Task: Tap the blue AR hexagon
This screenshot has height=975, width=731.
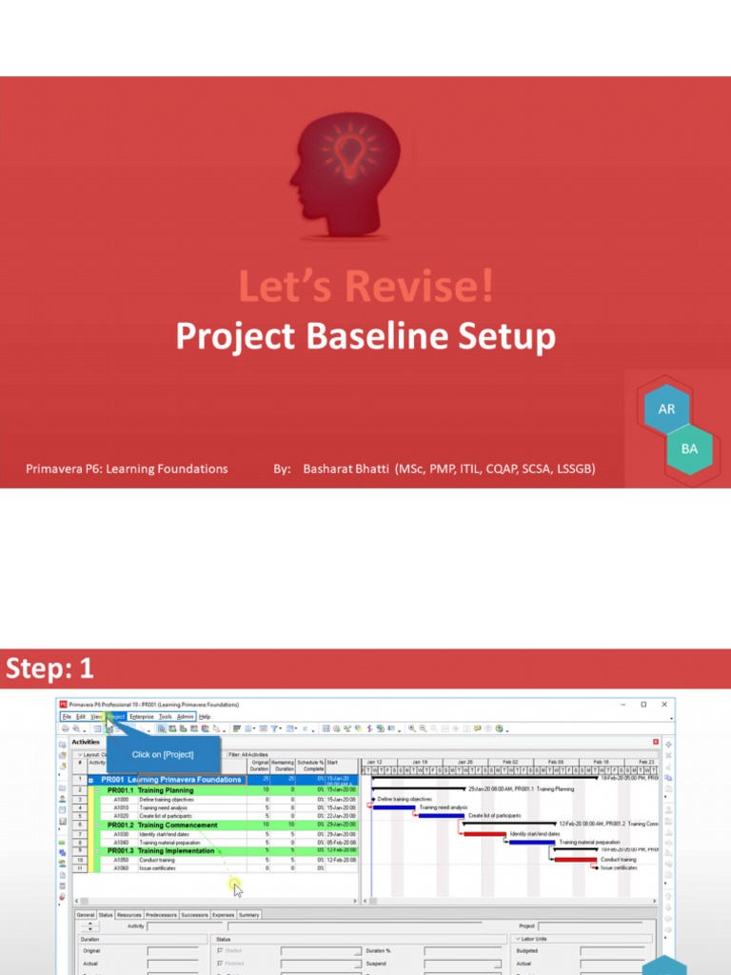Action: (666, 408)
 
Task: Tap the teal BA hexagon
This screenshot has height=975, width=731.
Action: (689, 448)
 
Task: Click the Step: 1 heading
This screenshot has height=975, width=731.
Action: (50, 669)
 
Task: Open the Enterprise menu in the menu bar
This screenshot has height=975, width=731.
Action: (141, 716)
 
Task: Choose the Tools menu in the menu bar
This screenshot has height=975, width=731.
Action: (165, 716)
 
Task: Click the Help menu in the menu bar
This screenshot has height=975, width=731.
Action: (205, 716)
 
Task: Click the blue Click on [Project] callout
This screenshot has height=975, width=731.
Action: (163, 754)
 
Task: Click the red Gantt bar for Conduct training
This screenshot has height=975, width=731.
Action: (576, 860)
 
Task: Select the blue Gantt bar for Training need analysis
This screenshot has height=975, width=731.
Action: (394, 807)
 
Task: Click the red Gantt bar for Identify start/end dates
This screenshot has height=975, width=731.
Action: (484, 834)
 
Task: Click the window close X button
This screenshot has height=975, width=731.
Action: (663, 705)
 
